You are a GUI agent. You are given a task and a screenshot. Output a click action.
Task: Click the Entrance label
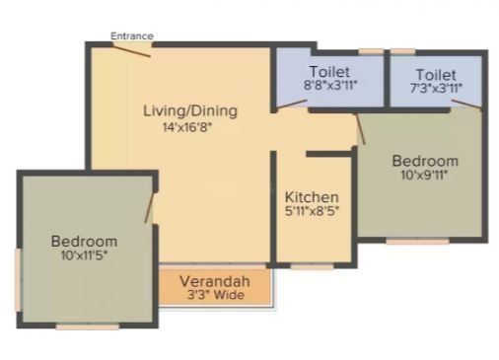pos(132,36)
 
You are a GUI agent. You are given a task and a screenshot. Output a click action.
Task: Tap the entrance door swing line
pos(131,50)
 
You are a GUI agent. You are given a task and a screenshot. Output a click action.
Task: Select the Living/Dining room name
pos(190,111)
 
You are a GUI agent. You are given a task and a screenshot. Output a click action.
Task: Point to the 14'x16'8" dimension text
pos(187,127)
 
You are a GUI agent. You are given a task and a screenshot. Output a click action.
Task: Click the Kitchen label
pos(312,197)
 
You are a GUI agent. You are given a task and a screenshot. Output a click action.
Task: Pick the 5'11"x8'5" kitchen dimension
pos(312,211)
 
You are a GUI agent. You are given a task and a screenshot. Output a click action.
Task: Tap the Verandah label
pos(215,281)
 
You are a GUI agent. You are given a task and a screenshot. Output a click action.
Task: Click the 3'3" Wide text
pos(216,295)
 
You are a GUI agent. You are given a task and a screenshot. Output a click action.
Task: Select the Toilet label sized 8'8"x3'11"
pos(329,72)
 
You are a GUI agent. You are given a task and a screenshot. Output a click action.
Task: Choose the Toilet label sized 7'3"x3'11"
pos(436,75)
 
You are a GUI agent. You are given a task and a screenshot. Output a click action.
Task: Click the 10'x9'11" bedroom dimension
pos(425,175)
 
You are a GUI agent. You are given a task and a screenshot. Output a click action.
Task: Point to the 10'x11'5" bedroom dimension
pos(85,255)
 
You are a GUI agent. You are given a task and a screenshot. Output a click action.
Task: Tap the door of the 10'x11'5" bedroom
pos(149,208)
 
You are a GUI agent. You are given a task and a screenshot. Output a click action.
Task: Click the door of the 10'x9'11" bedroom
pos(360,129)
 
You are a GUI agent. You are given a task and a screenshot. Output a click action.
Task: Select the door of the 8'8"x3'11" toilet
pos(292,105)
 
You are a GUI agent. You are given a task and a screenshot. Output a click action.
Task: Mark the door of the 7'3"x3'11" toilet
pos(466,105)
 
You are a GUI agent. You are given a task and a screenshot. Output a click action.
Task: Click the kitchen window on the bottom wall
pos(312,267)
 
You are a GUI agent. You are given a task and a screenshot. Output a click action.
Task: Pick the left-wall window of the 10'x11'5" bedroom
pos(19,279)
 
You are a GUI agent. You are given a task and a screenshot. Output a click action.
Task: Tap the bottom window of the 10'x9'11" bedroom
pos(417,242)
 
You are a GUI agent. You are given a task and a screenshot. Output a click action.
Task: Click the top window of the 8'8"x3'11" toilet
pos(371,51)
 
